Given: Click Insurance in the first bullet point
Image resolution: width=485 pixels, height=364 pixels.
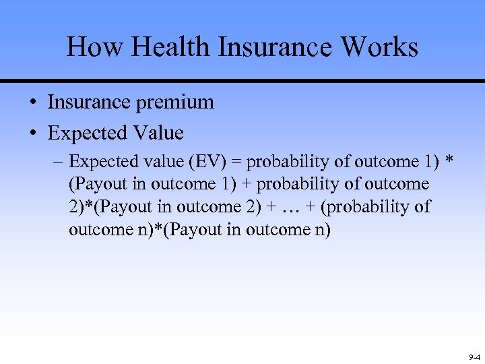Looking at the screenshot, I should pos(91,102).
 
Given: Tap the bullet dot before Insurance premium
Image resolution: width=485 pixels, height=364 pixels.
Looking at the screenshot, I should pos(32,103).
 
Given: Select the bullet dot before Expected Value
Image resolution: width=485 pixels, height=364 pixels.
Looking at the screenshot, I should pos(32,133).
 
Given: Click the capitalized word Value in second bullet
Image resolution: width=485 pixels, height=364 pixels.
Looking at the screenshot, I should pos(158,133).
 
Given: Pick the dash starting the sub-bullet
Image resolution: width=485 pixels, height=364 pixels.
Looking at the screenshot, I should pos(59,162).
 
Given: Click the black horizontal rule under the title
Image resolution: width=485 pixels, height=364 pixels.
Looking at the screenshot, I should pos(243,81).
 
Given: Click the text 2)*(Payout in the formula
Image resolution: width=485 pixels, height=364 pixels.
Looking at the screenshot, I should pos(108,206).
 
